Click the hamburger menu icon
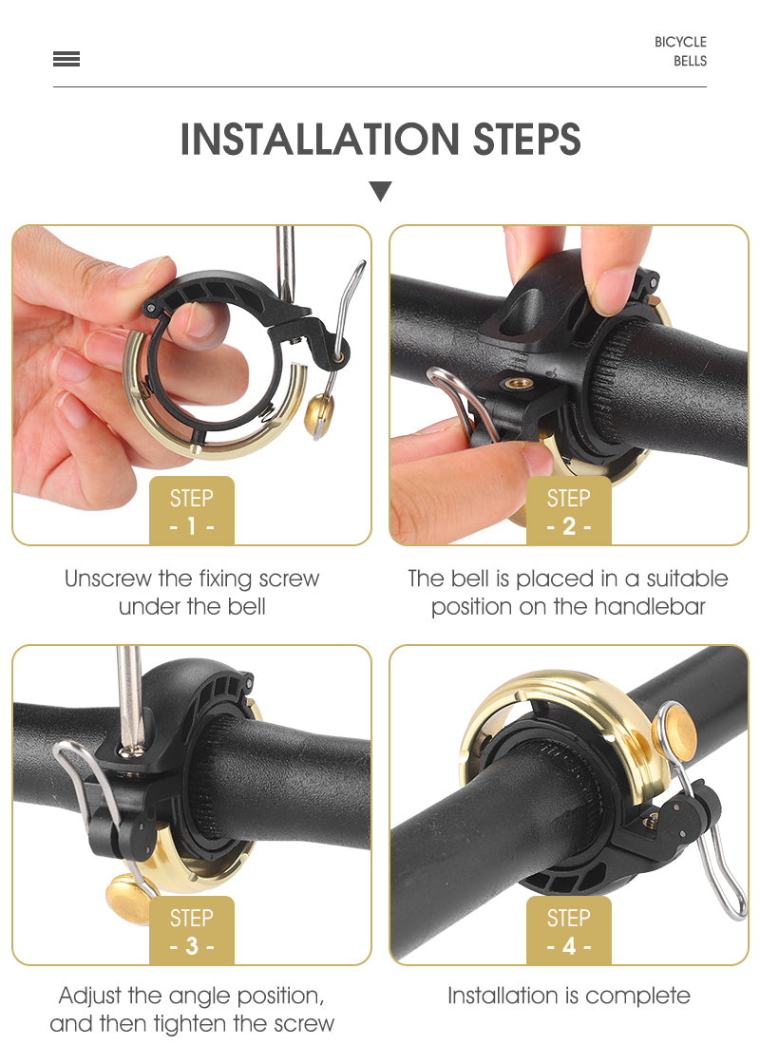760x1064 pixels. tap(66, 59)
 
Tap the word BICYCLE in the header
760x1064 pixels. tap(680, 42)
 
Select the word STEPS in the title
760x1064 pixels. tap(526, 139)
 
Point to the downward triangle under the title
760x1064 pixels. tap(381, 190)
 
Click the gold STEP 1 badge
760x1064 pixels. tap(192, 510)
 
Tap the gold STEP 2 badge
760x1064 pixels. tap(569, 510)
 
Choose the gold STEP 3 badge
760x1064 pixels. tap(192, 930)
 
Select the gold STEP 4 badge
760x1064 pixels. tap(569, 930)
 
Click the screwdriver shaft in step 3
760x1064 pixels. tap(130, 695)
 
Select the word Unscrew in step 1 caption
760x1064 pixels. tap(108, 579)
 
